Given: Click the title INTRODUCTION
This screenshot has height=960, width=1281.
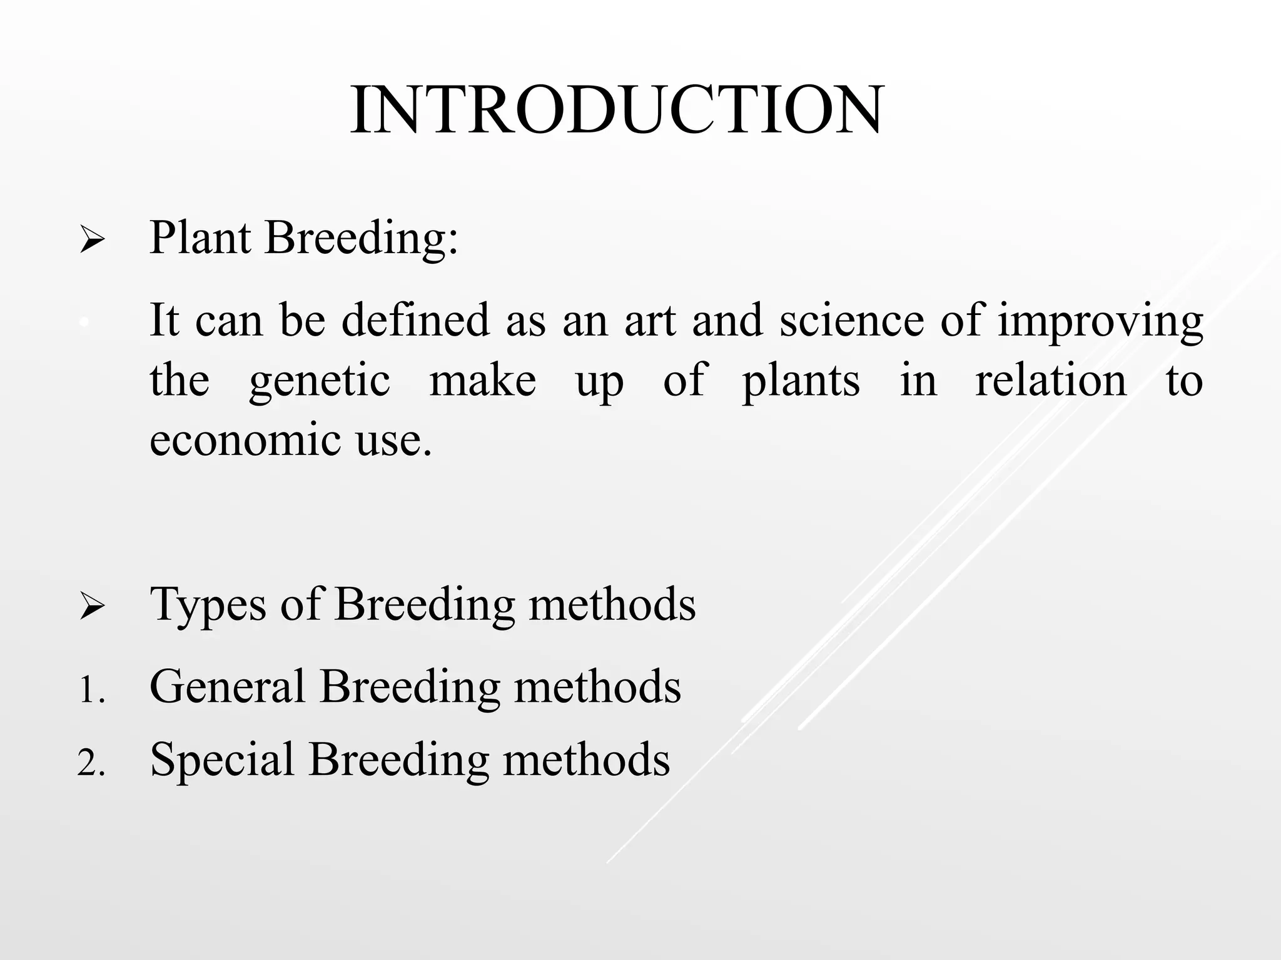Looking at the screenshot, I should (617, 109).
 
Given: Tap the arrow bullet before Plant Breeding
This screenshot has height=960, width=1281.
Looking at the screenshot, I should (92, 241).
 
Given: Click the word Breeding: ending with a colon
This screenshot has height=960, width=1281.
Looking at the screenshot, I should (362, 239).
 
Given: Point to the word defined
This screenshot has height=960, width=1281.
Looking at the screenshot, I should (415, 320).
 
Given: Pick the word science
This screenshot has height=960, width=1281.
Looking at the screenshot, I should (851, 320).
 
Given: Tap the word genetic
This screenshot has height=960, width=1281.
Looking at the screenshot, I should (320, 381).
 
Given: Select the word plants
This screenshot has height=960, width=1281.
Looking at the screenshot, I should (801, 381).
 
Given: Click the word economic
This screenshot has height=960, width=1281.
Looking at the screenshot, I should (245, 439).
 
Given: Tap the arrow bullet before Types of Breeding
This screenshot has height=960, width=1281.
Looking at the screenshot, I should (92, 606).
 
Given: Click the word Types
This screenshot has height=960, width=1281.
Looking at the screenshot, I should (208, 605).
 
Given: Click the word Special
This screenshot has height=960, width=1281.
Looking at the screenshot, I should (222, 760).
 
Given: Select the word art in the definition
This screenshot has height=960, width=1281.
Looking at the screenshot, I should (650, 320).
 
